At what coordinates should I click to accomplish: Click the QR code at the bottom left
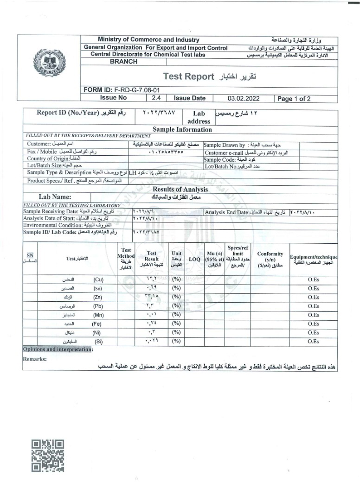48,456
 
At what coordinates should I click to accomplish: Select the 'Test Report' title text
188,76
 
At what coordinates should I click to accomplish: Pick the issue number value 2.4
156,98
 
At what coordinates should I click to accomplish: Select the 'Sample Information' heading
182,129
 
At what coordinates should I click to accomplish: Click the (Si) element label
98,341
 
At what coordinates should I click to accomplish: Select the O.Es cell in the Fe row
313,323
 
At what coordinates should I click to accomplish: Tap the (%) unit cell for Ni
176,332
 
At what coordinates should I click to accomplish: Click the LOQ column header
194,260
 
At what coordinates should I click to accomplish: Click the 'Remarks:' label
35,359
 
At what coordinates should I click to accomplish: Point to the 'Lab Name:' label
55,197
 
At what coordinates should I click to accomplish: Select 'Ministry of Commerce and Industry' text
148,40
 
